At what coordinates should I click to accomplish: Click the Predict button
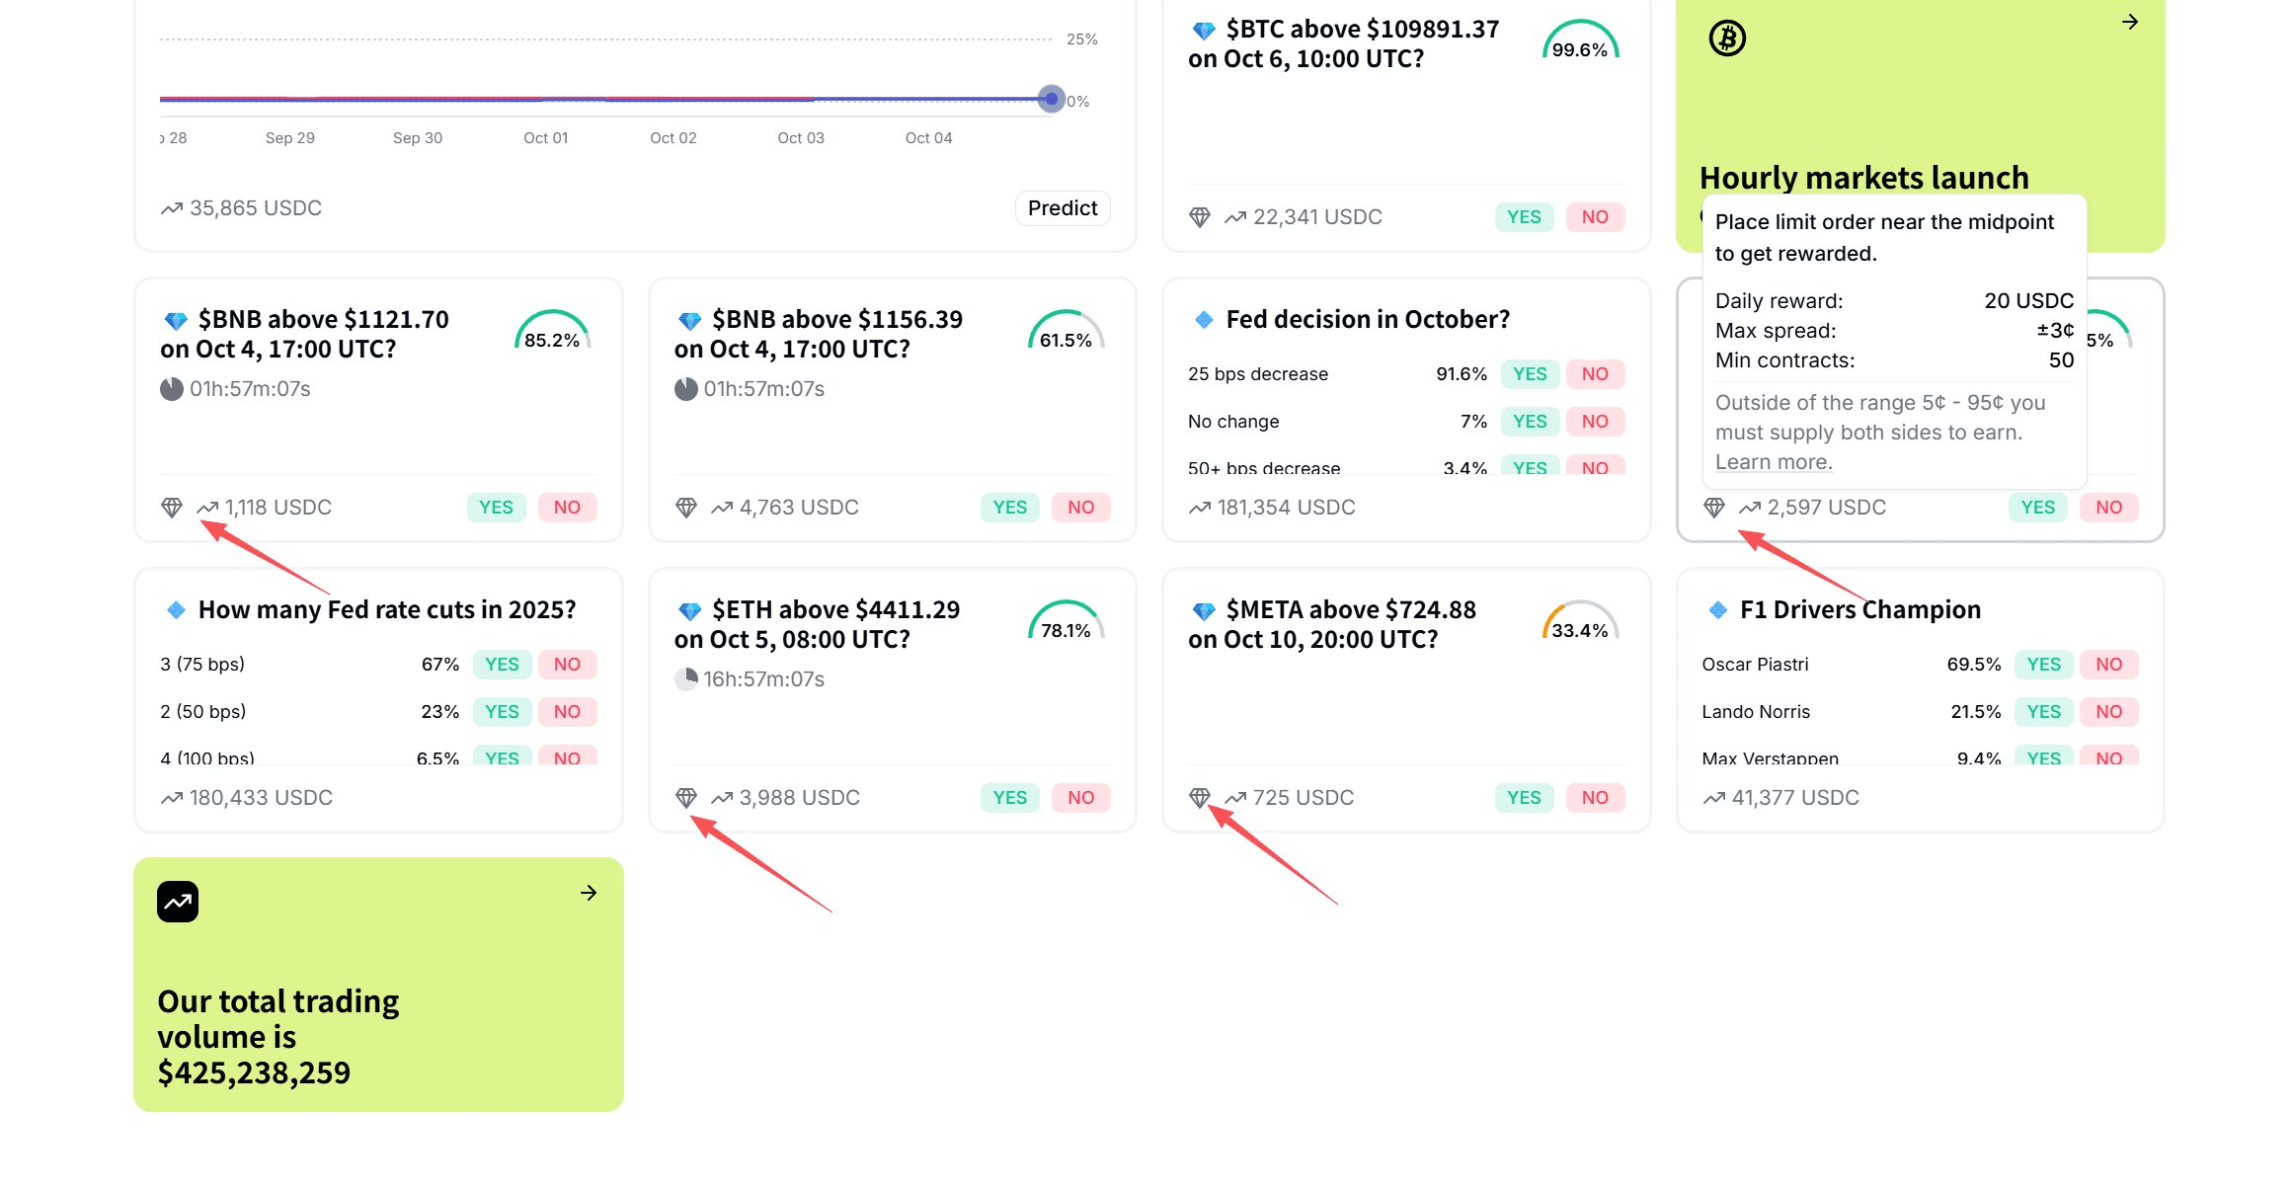pyautogui.click(x=1062, y=208)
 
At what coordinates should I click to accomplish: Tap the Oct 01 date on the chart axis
pyautogui.click(x=545, y=138)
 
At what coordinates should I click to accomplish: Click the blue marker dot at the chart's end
pyautogui.click(x=1052, y=99)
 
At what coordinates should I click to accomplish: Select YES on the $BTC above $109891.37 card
pyautogui.click(x=1523, y=217)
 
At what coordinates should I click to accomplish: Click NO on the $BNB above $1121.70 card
pyautogui.click(x=567, y=508)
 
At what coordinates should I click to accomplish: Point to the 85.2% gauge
pyautogui.click(x=552, y=332)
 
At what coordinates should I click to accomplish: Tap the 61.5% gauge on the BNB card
pyautogui.click(x=1066, y=332)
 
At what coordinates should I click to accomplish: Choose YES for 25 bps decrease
pyautogui.click(x=1530, y=374)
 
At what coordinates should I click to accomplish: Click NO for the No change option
pyautogui.click(x=1594, y=422)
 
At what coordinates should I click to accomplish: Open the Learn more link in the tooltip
pyautogui.click(x=1773, y=462)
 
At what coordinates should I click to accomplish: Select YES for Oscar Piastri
pyautogui.click(x=2043, y=665)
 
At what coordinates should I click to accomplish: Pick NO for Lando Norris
pyautogui.click(x=2108, y=712)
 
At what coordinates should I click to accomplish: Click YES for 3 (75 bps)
pyautogui.click(x=502, y=665)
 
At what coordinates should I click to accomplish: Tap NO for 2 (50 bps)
pyautogui.click(x=567, y=712)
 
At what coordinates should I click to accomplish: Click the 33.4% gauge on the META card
pyautogui.click(x=1579, y=622)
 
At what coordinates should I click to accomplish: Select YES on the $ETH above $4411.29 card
pyautogui.click(x=1009, y=798)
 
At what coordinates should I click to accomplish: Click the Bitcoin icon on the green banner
pyautogui.click(x=1727, y=39)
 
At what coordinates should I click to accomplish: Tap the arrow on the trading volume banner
pyautogui.click(x=589, y=893)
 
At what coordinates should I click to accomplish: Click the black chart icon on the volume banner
pyautogui.click(x=178, y=902)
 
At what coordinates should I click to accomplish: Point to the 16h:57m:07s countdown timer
pyautogui.click(x=762, y=679)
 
